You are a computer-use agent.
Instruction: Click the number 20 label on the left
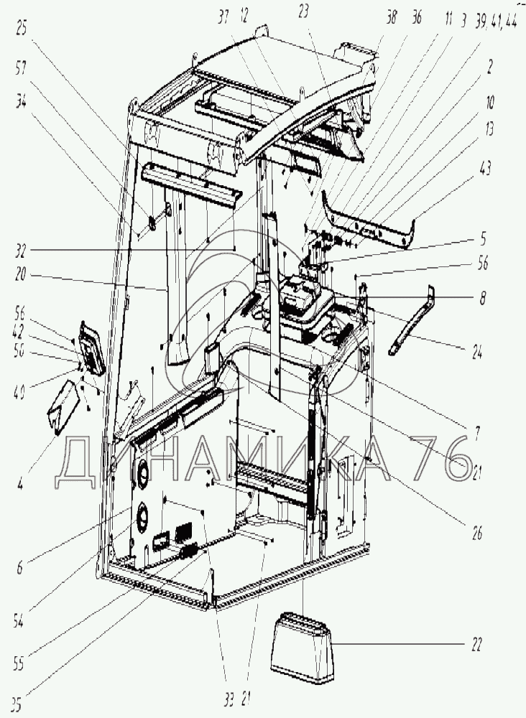click(x=19, y=275)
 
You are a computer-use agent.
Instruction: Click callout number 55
click(x=19, y=663)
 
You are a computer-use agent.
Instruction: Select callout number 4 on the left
click(x=19, y=483)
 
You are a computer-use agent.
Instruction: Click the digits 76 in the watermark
click(x=446, y=460)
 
